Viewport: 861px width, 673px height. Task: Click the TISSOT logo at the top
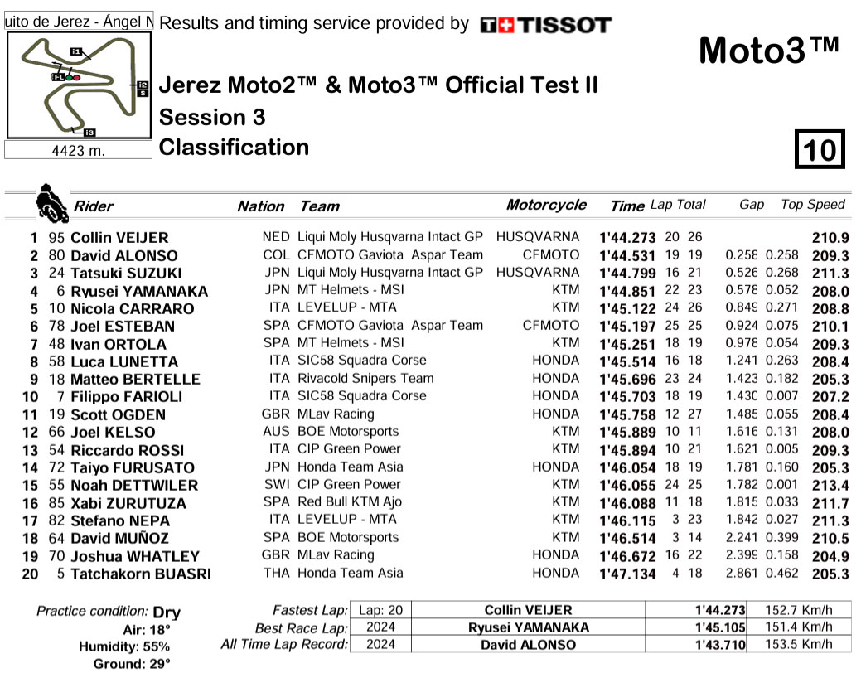click(x=545, y=25)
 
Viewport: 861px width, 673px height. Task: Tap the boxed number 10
click(x=820, y=151)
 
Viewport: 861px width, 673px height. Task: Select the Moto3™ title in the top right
click(x=769, y=51)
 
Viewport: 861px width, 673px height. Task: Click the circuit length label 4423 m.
click(x=79, y=150)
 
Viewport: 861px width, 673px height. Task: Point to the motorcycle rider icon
click(x=51, y=204)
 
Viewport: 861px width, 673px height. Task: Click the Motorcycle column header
click(x=545, y=205)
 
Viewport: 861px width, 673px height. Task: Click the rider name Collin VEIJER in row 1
click(x=119, y=238)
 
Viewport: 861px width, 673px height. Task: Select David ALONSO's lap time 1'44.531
click(x=627, y=256)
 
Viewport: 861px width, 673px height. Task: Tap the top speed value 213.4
click(x=831, y=485)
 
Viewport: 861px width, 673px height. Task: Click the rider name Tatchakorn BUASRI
click(x=141, y=574)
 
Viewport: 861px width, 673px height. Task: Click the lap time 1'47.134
click(x=627, y=574)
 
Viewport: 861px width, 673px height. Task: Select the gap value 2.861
click(x=742, y=573)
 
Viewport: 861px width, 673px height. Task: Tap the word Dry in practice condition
click(x=167, y=612)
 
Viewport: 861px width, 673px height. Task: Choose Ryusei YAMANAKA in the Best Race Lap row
click(x=528, y=627)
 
